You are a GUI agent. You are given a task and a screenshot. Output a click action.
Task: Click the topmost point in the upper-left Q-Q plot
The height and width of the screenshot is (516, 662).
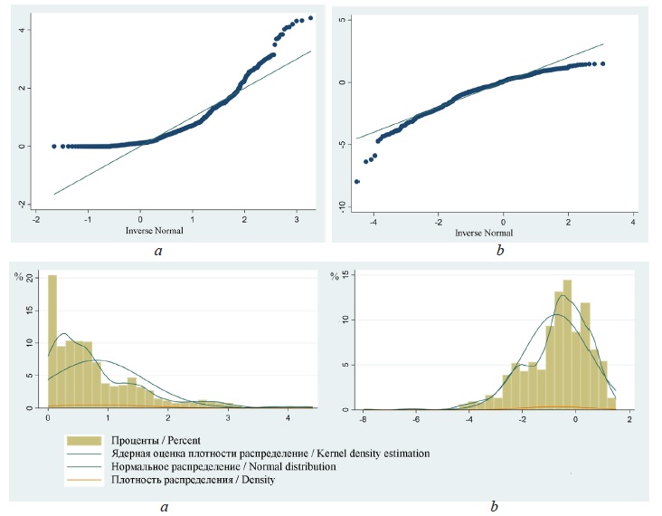310,18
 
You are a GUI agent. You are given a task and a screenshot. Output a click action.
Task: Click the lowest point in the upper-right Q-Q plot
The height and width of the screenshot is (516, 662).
357,182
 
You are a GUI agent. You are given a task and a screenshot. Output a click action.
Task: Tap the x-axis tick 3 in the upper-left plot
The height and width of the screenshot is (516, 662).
297,220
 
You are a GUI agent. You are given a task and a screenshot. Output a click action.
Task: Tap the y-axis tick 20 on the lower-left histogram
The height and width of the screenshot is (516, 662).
30,276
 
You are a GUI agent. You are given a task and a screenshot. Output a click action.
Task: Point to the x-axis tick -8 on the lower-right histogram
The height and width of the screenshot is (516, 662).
364,419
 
